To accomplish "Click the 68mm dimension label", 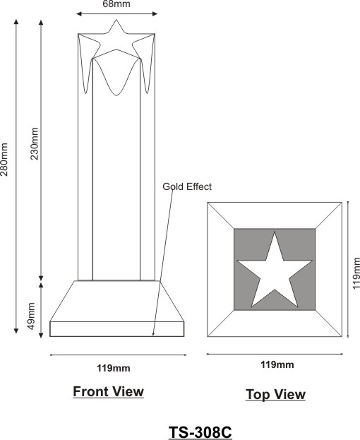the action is [x=116, y=4].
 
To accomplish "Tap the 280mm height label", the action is [x=4, y=160].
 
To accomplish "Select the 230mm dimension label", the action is [x=35, y=143].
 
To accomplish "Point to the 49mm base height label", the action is [x=31, y=316].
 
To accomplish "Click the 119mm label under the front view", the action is [x=114, y=368].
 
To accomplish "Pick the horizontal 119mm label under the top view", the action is [x=277, y=364].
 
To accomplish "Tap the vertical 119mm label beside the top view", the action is [x=356, y=273].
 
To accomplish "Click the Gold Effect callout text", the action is [x=187, y=186].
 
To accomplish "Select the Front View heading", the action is [x=108, y=391].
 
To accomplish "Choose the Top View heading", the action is [x=275, y=394].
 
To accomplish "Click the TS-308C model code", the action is [x=200, y=432].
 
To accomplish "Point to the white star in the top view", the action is [x=275, y=273].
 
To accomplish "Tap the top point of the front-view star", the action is [x=116, y=20].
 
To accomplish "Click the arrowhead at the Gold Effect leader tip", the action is [x=153, y=333].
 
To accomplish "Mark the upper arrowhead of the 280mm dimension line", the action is [x=16, y=22].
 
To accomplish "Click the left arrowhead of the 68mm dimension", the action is [x=79, y=13].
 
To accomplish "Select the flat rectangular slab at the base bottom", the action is [x=117, y=329].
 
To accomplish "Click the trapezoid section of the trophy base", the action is [x=117, y=301].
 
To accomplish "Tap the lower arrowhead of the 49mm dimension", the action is [x=41, y=335].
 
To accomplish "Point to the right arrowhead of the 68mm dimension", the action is [x=155, y=13].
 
